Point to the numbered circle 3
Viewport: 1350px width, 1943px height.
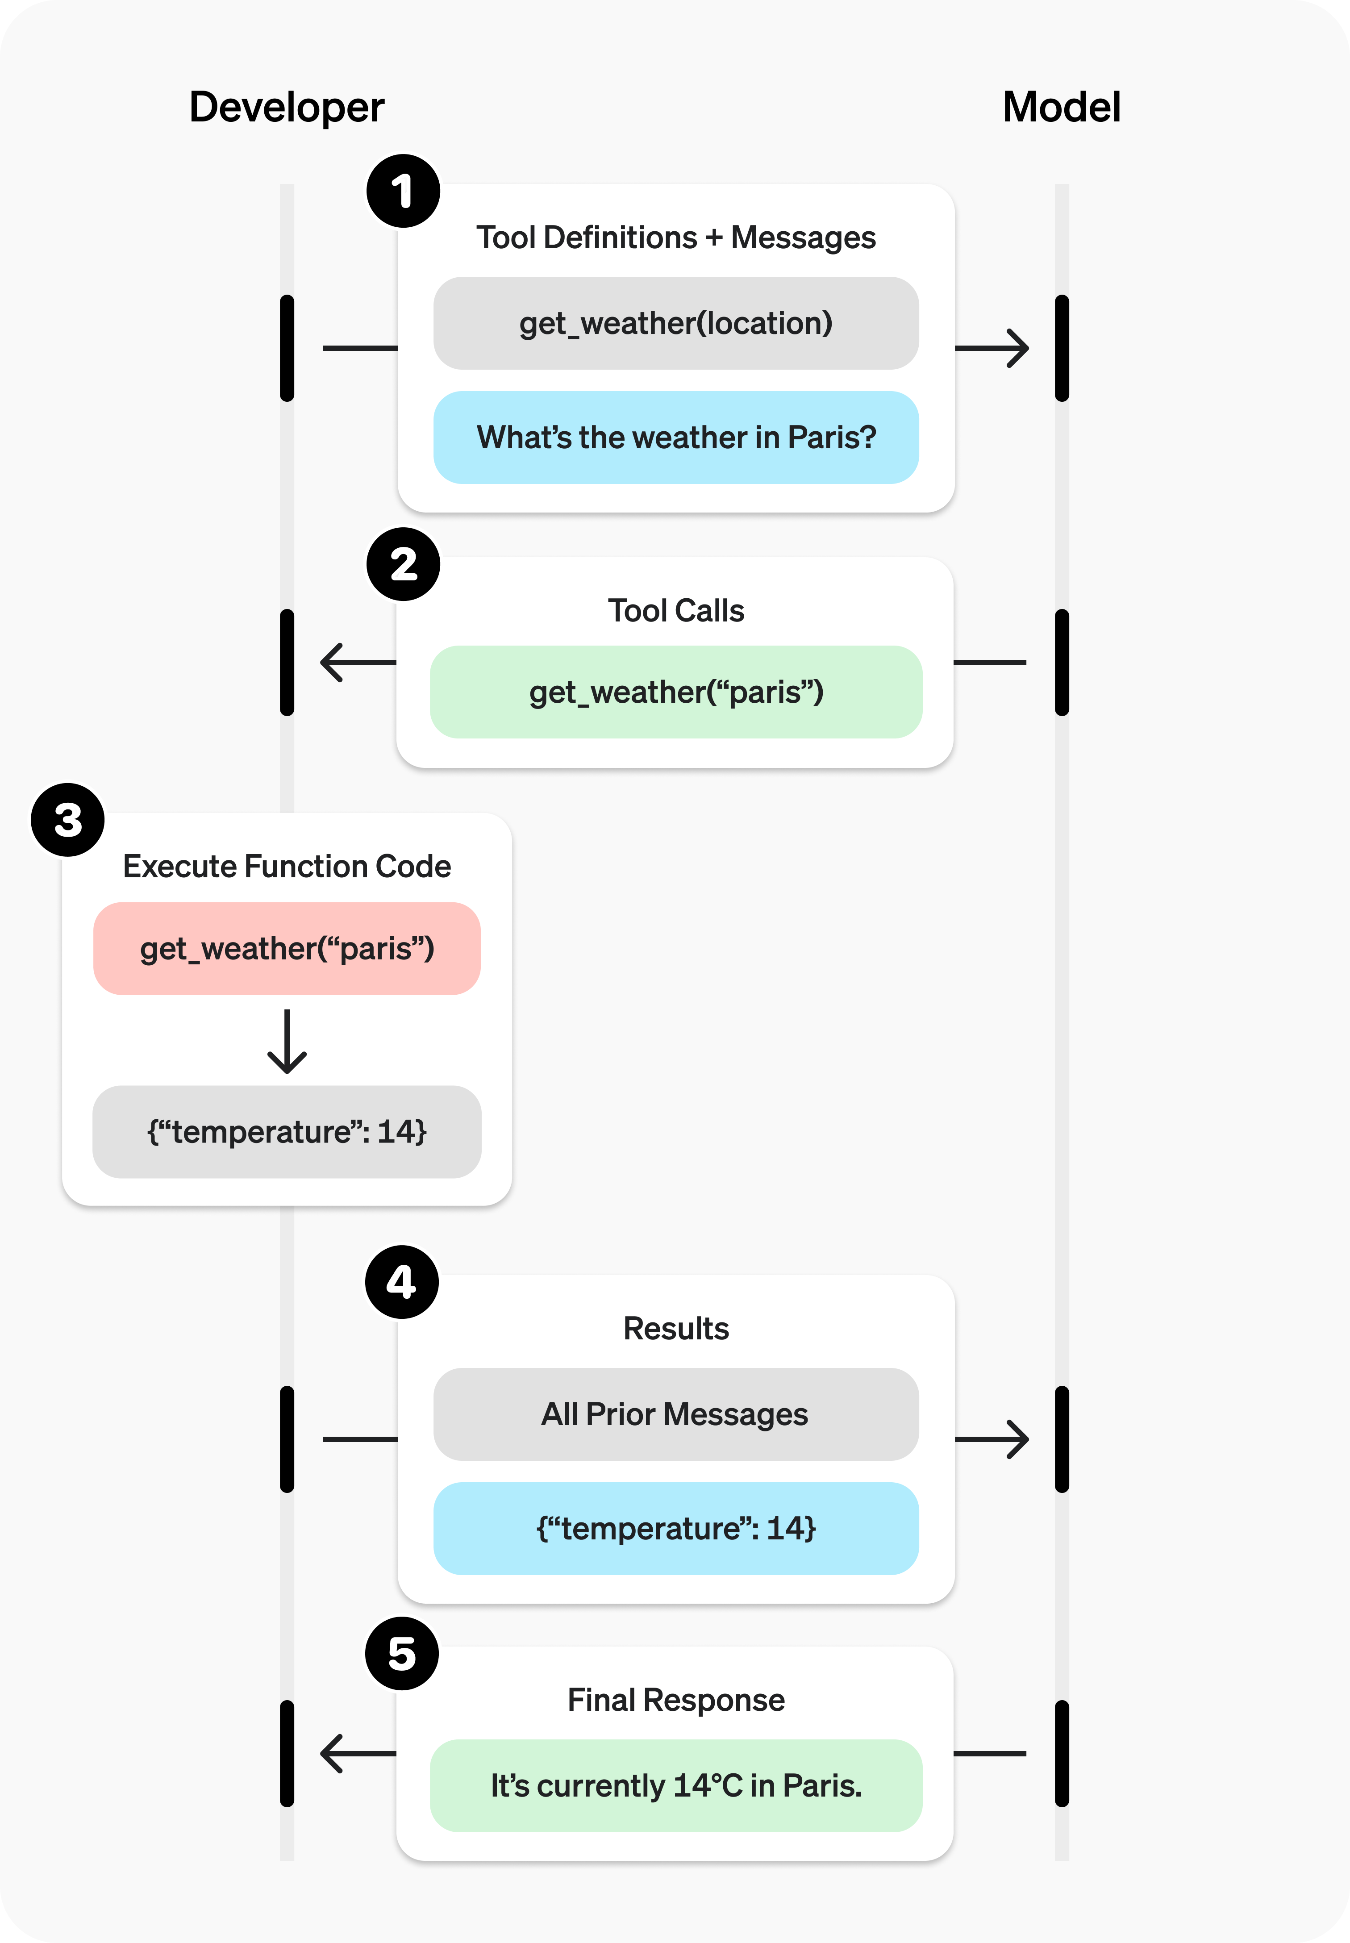pyautogui.click(x=68, y=820)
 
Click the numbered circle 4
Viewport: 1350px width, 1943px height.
pyautogui.click(x=402, y=1281)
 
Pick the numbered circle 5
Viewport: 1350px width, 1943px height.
pyautogui.click(x=402, y=1654)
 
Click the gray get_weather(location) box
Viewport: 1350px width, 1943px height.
pyautogui.click(x=676, y=323)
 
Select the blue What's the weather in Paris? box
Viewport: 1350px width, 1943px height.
pyautogui.click(x=676, y=438)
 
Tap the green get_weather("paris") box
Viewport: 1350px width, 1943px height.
pyautogui.click(x=676, y=692)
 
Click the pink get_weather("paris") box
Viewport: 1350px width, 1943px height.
pyautogui.click(x=287, y=948)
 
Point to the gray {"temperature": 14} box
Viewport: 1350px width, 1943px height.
pyautogui.click(x=287, y=1132)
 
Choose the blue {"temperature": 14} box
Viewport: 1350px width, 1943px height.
pyautogui.click(x=676, y=1529)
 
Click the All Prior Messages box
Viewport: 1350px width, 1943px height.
pyautogui.click(x=676, y=1414)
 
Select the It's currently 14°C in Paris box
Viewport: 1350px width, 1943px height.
pyautogui.click(x=676, y=1786)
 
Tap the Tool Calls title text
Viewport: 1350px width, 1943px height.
pyautogui.click(x=676, y=611)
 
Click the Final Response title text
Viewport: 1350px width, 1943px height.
pyautogui.click(x=676, y=1700)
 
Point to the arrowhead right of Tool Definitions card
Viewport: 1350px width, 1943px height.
pyautogui.click(x=1015, y=348)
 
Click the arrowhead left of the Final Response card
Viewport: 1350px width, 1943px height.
pyautogui.click(x=333, y=1754)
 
